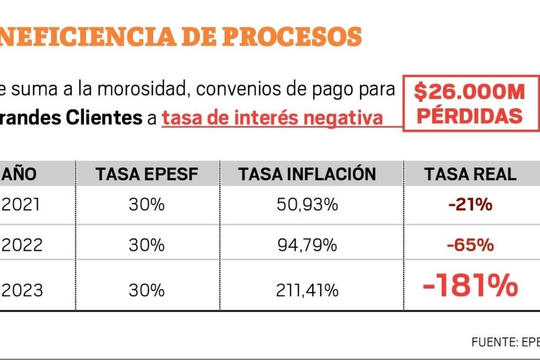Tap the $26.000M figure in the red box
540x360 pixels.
[x=469, y=92]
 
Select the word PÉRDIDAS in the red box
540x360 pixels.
[x=469, y=115]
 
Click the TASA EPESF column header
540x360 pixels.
[x=146, y=174]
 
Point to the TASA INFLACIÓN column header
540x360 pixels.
[x=307, y=174]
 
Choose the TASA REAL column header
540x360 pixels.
[x=470, y=174]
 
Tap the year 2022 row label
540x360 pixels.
[x=22, y=245]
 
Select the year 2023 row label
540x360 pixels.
[x=22, y=290]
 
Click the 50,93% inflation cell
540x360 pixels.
[x=307, y=205]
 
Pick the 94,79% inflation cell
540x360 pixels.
[x=307, y=245]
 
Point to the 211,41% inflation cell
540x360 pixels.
[x=308, y=290]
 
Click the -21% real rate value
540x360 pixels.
[x=470, y=205]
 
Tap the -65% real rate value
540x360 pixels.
[x=470, y=245]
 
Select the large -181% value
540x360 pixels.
[x=470, y=286]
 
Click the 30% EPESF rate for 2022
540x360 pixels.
[x=146, y=245]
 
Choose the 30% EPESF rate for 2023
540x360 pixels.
[x=146, y=290]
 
